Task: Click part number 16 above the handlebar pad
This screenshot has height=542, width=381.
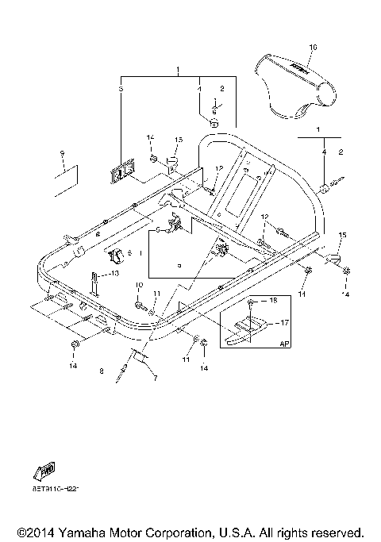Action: coord(312,48)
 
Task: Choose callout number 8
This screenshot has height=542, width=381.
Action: coord(101,371)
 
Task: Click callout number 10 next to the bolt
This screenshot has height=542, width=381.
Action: coord(139,284)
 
